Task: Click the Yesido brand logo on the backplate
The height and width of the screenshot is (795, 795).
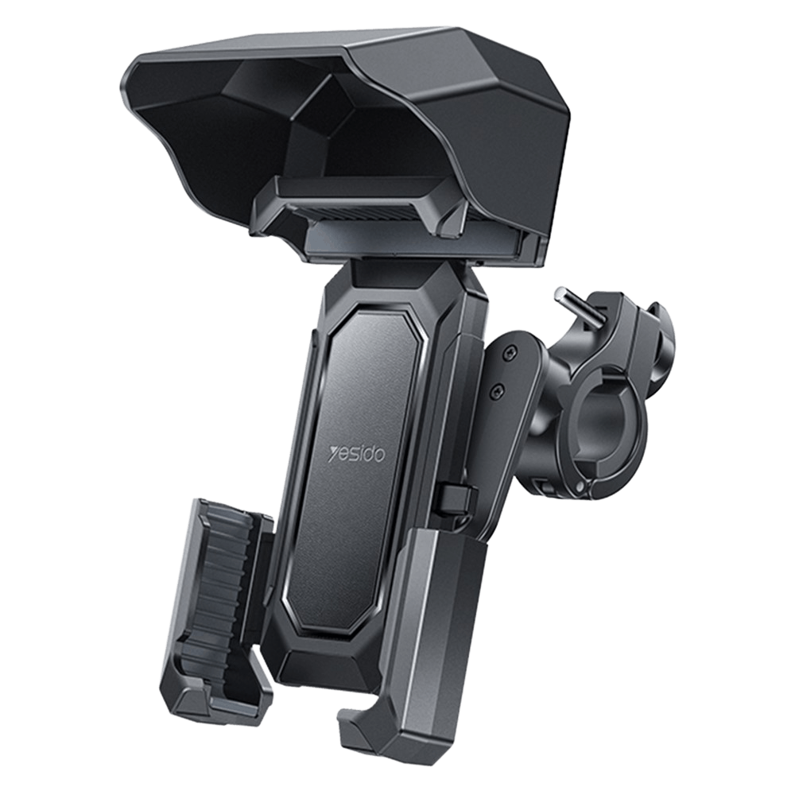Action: coord(357,453)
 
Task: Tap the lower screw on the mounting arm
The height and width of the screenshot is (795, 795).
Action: coord(498,390)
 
